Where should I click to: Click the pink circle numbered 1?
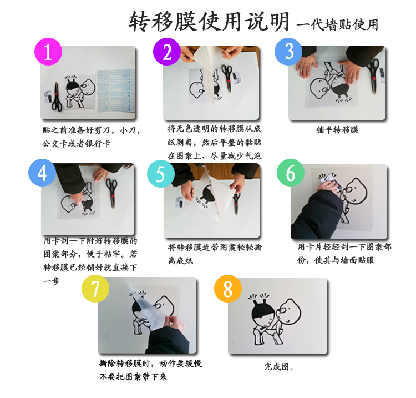click(x=48, y=52)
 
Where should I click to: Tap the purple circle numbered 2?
click(x=167, y=52)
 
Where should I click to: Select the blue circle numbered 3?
click(x=288, y=52)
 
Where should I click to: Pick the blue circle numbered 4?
click(x=42, y=173)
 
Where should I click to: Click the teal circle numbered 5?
click(x=161, y=174)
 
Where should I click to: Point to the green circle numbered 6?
click(x=291, y=173)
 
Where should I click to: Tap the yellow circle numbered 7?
click(x=95, y=289)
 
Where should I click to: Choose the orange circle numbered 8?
click(x=228, y=289)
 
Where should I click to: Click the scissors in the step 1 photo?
click(x=57, y=97)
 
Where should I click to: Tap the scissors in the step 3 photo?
click(x=374, y=77)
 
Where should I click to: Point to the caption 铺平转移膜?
click(x=337, y=130)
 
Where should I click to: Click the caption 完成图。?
click(x=279, y=367)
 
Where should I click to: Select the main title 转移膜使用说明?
click(x=209, y=21)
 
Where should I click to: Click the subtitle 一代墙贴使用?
click(x=338, y=24)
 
